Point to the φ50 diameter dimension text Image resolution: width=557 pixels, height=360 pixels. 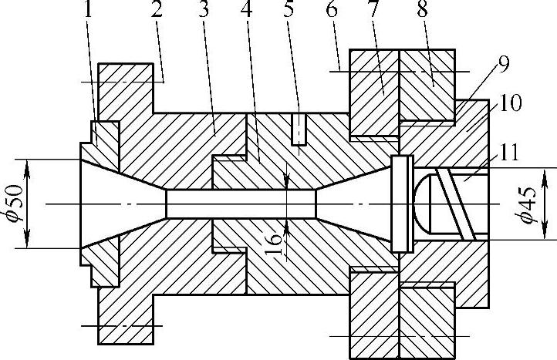[x=13, y=204]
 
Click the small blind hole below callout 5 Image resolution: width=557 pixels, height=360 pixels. [x=298, y=130]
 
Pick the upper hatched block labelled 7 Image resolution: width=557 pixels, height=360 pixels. [x=374, y=89]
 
